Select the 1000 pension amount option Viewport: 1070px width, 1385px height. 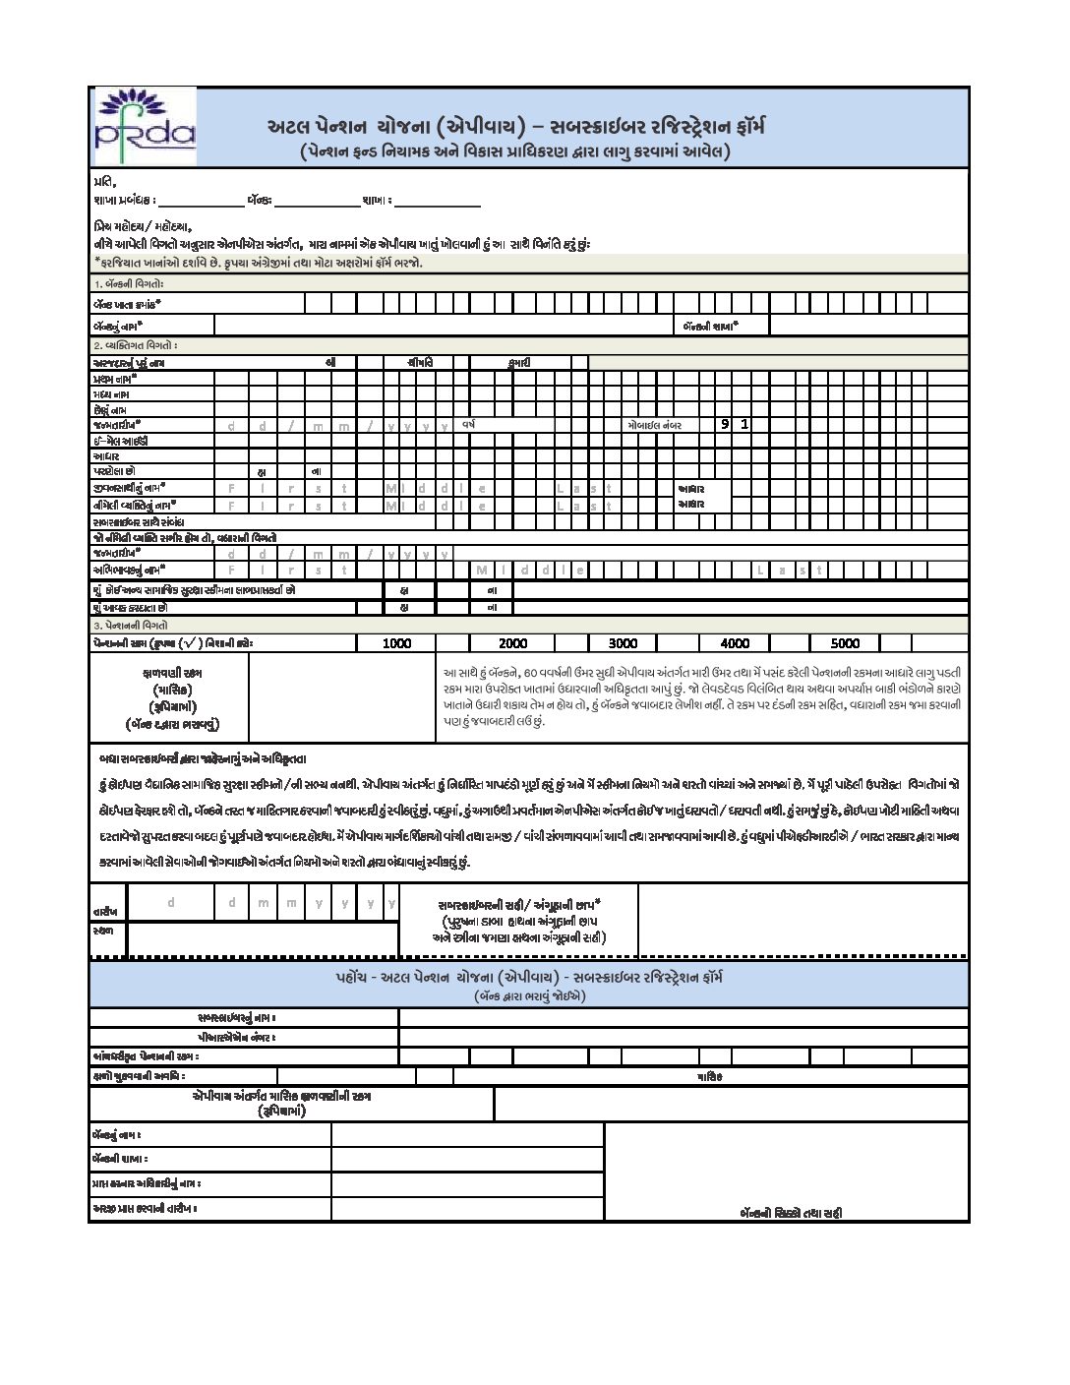coord(396,643)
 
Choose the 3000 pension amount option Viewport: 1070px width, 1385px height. coord(623,643)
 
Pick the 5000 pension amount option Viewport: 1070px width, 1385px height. coord(845,643)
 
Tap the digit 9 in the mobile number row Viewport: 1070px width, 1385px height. coord(725,424)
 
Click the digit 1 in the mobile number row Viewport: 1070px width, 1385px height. coord(744,424)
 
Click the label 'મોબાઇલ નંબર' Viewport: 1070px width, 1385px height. coord(654,425)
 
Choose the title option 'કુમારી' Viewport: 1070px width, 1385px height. coord(519,362)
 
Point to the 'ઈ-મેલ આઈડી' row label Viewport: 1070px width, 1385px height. coord(120,441)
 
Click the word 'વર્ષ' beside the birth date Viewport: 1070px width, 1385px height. coord(470,424)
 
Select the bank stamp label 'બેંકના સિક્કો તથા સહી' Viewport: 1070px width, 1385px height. coord(791,1213)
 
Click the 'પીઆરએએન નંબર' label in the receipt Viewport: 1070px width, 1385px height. coord(236,1037)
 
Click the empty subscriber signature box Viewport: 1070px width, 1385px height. coord(802,920)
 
